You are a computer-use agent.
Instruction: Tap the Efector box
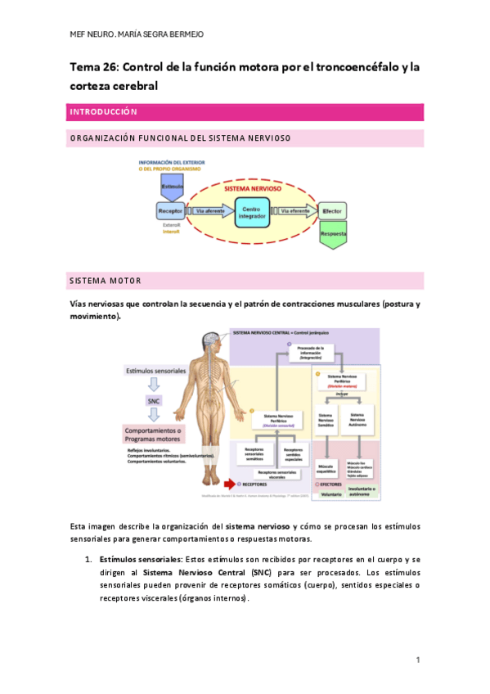331,210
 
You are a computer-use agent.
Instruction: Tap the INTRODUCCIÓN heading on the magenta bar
103,112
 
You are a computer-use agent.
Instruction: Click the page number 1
417,660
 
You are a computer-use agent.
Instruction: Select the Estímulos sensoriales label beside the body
156,371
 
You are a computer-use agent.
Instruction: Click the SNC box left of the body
155,401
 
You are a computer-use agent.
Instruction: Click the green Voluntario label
330,493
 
